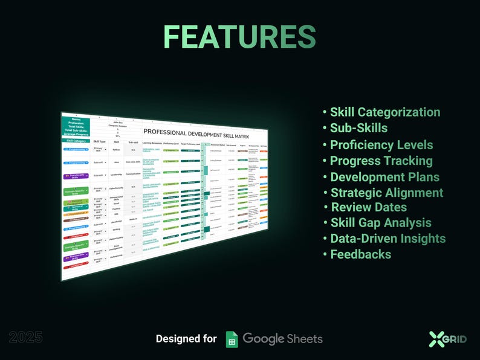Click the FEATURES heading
[239, 37]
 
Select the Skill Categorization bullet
[385, 112]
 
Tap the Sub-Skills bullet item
[358, 128]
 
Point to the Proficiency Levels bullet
[381, 145]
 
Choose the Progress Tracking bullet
[381, 161]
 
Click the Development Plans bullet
[384, 177]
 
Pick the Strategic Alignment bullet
[386, 193]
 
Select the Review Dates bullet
[369, 207]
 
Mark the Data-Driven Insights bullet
[388, 239]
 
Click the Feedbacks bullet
[360, 254]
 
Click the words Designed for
[186, 339]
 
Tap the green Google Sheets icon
[232, 339]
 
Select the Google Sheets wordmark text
[282, 339]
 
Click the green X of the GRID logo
[436, 339]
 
